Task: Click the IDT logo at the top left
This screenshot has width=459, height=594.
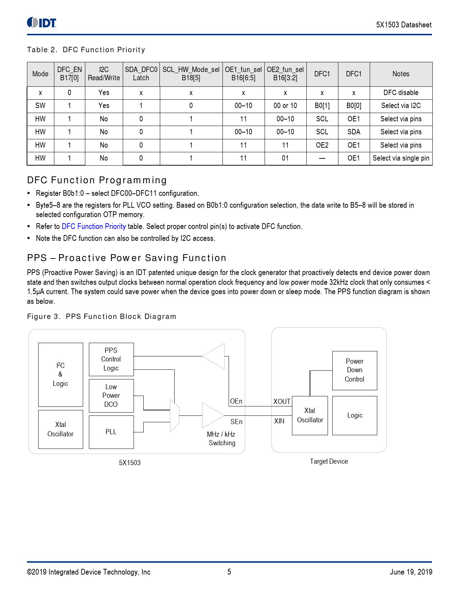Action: point(42,23)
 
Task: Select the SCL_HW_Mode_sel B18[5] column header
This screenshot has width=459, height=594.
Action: point(191,74)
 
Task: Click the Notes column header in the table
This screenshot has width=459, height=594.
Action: point(401,74)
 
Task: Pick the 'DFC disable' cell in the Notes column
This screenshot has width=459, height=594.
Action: point(401,93)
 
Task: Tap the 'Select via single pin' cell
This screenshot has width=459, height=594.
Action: point(401,158)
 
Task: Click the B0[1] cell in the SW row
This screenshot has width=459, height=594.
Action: point(322,105)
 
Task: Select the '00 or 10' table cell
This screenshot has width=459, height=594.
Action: point(285,105)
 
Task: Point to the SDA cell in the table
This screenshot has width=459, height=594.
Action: point(354,132)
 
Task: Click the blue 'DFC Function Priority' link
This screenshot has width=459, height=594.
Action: point(94,226)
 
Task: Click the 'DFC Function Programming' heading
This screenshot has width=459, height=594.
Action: point(97,180)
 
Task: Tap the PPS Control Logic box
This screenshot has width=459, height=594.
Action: point(111,359)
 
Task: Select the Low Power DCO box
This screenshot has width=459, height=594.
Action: point(111,396)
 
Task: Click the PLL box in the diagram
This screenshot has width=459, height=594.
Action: point(111,432)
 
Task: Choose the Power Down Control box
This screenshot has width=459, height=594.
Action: point(355,370)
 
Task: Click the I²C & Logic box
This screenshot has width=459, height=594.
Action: point(60,374)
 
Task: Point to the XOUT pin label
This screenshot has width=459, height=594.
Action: point(282,401)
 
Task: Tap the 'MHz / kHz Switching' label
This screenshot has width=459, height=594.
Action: point(221,438)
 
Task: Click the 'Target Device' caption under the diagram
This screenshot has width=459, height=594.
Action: point(329,461)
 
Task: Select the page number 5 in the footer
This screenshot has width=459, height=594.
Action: point(229,572)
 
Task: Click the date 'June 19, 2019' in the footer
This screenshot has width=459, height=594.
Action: point(411,572)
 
